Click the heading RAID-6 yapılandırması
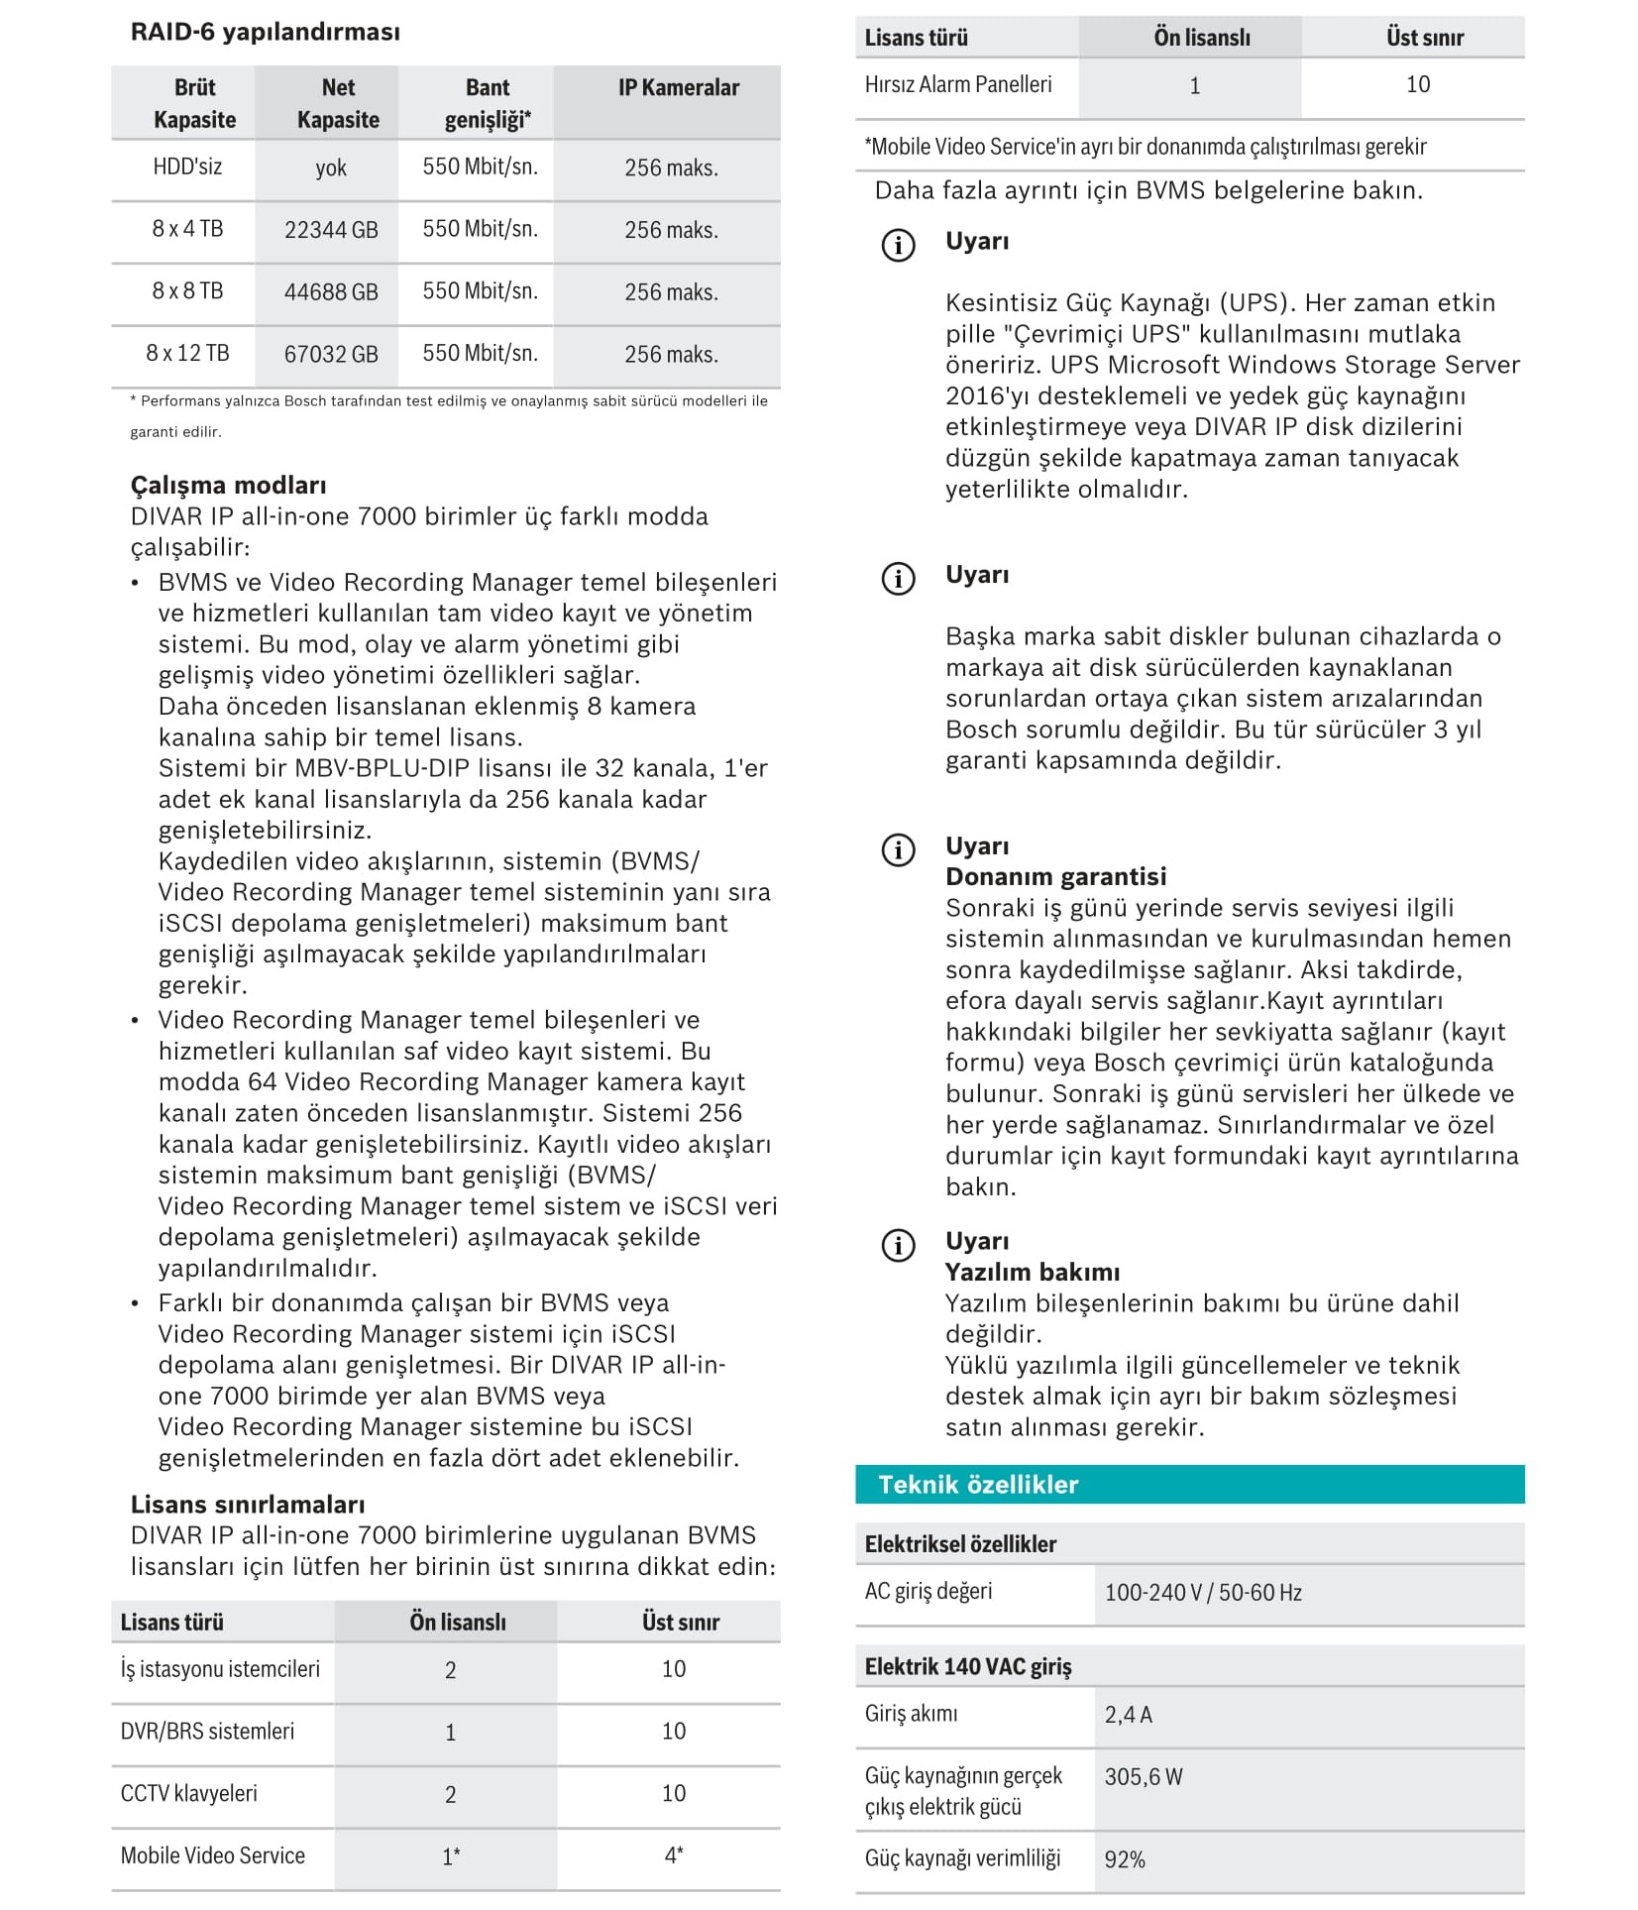[265, 32]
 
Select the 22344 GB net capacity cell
[331, 230]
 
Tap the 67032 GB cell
[331, 355]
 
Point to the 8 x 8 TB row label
[187, 291]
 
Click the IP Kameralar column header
[679, 88]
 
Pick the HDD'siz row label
[187, 167]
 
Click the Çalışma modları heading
[228, 485]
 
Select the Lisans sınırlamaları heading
[248, 1504]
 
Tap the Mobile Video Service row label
[213, 1855]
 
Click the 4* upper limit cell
[674, 1855]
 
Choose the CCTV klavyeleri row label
[189, 1793]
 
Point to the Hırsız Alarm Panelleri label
[958, 85]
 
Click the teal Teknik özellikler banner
[1189, 1484]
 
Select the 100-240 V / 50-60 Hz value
[1203, 1593]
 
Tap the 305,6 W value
[1144, 1777]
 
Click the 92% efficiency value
[1125, 1860]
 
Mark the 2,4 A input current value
[1129, 1715]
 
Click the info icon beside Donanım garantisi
[898, 849]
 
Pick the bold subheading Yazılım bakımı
[1032, 1272]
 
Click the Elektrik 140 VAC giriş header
[968, 1666]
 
